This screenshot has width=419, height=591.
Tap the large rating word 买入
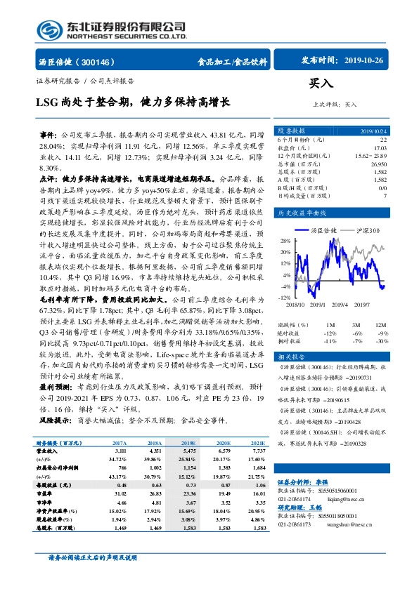pos(321,84)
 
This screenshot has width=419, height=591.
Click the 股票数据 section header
pos(290,131)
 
